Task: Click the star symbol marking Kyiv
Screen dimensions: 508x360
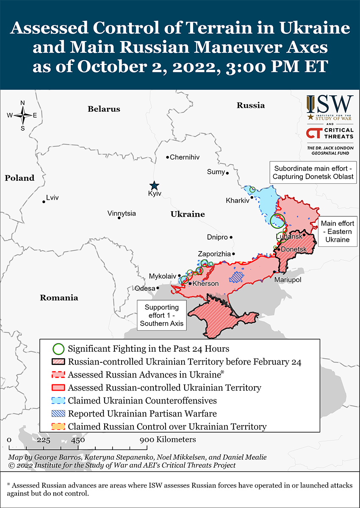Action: [x=154, y=185]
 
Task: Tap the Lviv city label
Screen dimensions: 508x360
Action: [x=53, y=198]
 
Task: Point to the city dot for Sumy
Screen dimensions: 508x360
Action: [x=227, y=173]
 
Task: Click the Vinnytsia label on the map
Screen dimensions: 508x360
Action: [x=122, y=213]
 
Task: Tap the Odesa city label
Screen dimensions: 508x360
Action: [x=145, y=288]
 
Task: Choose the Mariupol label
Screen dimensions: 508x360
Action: [x=288, y=280]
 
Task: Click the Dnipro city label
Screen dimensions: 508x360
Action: [x=217, y=237]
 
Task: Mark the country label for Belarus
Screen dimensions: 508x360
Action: [x=104, y=109]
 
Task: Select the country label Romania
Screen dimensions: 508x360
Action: [x=59, y=298]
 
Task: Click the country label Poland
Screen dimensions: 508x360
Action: [x=19, y=178]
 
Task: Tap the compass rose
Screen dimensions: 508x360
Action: [x=23, y=115]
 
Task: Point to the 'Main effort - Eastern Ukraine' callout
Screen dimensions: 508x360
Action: [x=337, y=231]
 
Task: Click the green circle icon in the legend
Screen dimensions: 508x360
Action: [x=58, y=349]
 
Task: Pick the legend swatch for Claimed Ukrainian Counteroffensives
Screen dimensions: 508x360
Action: [x=58, y=400]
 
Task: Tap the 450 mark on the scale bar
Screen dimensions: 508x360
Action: [x=78, y=440]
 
